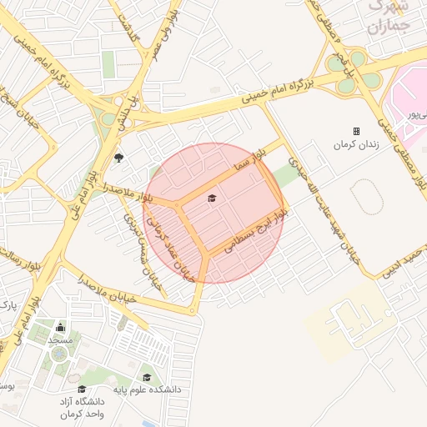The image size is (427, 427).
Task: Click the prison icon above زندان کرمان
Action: (356, 131)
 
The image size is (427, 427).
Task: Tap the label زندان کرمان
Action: (356, 145)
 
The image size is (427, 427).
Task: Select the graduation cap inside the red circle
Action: (211, 198)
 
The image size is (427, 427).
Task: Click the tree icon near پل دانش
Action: (118, 157)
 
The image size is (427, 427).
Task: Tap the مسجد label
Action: (61, 340)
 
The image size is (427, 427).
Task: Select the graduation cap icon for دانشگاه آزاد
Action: (81, 389)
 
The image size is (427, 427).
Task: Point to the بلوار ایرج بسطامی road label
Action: (250, 233)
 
